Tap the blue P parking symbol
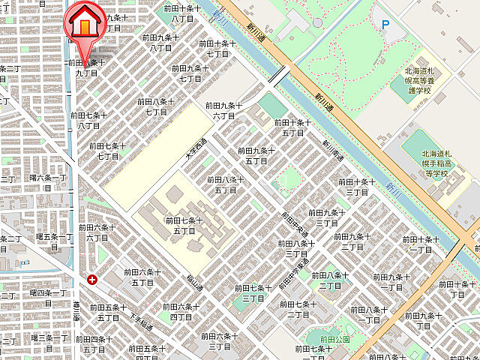[385, 25]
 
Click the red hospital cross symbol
[92, 280]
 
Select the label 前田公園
[331, 338]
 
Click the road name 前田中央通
[294, 224]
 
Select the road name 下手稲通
[140, 322]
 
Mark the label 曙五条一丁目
[54, 241]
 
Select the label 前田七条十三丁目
[251, 292]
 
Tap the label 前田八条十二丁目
[331, 280]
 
